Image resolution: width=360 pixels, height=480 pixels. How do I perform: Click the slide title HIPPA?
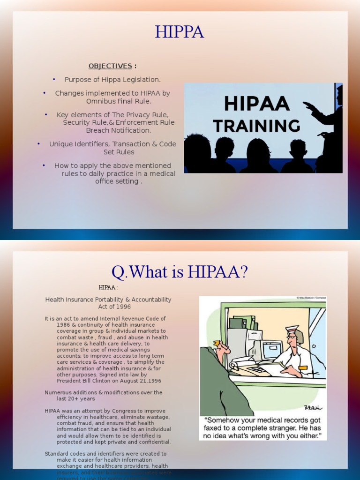180,32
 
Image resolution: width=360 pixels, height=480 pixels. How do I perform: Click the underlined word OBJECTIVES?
110,66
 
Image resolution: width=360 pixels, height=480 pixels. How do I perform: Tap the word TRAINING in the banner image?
256,126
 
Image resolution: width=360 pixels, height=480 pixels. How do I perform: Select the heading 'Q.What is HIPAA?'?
180,271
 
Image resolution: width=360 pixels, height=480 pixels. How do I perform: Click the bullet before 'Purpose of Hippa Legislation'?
54,79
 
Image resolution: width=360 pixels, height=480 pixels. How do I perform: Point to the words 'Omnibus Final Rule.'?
119,101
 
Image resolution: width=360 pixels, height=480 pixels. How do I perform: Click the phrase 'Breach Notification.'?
119,130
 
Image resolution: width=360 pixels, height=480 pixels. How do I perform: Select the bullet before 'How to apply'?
43,165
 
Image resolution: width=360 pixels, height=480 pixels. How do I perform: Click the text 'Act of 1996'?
108,307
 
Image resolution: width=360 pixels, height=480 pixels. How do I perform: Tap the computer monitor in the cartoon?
271,350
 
